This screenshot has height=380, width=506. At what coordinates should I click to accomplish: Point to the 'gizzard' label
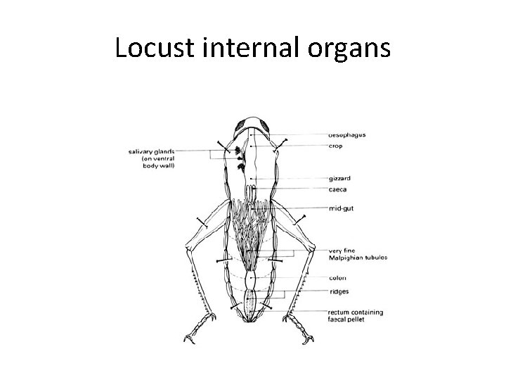pos(339,179)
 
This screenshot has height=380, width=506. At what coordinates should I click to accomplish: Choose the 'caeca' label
pos(337,189)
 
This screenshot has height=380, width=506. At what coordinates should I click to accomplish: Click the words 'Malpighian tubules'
pos(358,258)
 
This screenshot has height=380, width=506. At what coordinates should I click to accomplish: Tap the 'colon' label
pos(337,277)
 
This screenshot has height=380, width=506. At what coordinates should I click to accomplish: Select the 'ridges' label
pos(338,291)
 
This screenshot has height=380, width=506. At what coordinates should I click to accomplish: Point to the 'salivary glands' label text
pos(151,150)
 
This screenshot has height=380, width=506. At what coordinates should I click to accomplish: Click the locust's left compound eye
pos(235,127)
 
